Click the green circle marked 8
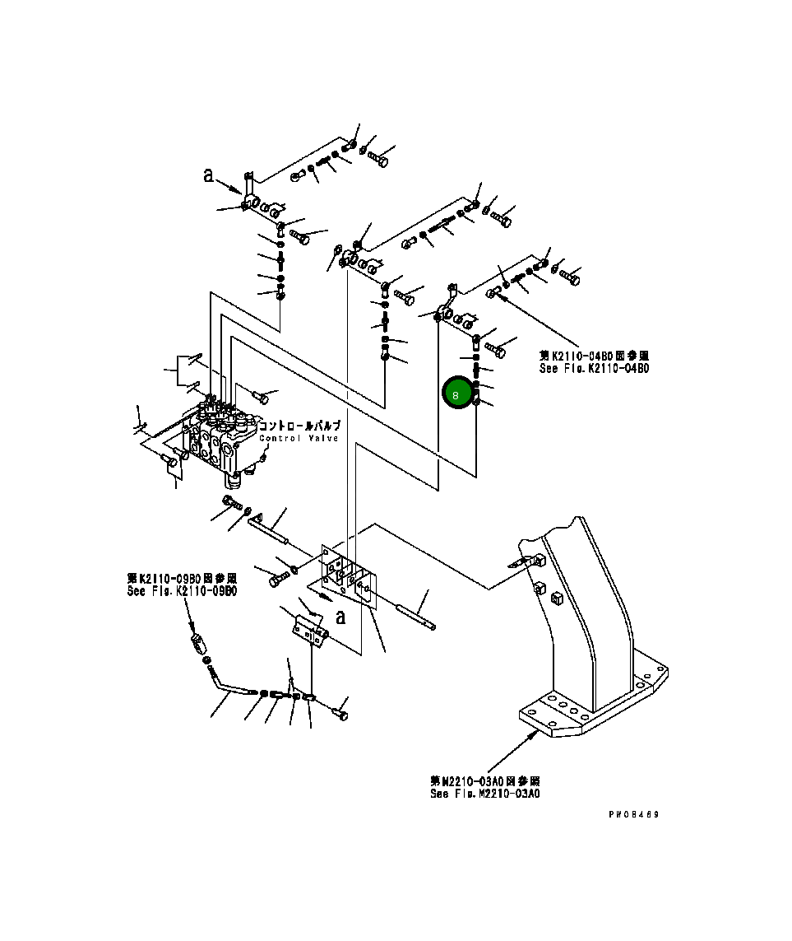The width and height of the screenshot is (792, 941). (x=458, y=394)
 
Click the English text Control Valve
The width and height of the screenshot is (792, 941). (x=299, y=438)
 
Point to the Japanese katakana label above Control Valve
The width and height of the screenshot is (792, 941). (x=299, y=426)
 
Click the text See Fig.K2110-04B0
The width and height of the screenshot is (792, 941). (x=594, y=368)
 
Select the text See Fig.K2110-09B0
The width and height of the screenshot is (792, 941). (x=182, y=590)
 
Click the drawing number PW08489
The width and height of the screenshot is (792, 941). (x=634, y=814)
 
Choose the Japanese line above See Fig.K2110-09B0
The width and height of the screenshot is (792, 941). (x=182, y=579)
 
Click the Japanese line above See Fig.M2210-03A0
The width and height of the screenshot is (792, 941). (x=485, y=780)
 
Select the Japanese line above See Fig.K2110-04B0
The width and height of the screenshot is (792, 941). (x=594, y=356)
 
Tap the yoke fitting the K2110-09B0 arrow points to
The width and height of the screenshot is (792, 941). (x=197, y=640)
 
